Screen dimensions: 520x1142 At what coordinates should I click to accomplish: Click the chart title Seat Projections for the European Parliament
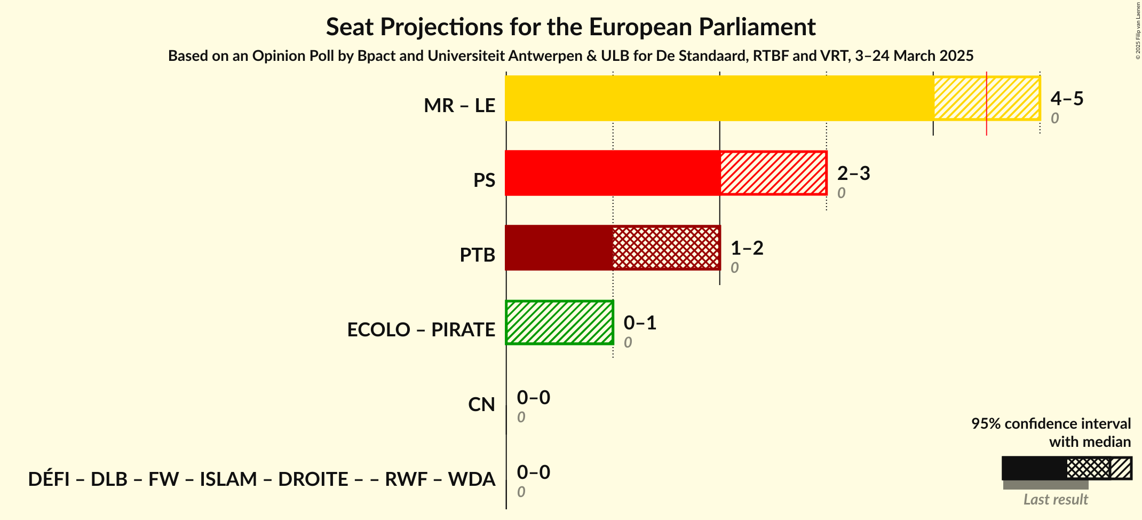pyautogui.click(x=570, y=27)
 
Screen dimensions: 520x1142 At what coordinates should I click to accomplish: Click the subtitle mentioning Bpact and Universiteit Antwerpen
pyautogui.click(x=570, y=56)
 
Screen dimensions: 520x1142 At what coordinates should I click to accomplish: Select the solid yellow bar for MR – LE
pyautogui.click(x=719, y=98)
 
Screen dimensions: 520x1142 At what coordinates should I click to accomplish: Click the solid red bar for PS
pyautogui.click(x=612, y=173)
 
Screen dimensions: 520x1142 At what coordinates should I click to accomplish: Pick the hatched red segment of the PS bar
pyautogui.click(x=773, y=173)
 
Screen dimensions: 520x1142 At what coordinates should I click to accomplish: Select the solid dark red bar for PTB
pyautogui.click(x=559, y=248)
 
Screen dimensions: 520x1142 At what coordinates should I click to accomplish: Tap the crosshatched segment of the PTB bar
pyautogui.click(x=666, y=248)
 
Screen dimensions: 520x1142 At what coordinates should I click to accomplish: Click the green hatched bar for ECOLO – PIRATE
pyautogui.click(x=559, y=322)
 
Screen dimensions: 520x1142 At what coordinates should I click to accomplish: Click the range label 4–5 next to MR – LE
pyautogui.click(x=1067, y=98)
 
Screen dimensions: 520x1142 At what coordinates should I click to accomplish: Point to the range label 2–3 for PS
pyautogui.click(x=853, y=173)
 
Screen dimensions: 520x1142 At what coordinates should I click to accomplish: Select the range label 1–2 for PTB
pyautogui.click(x=747, y=248)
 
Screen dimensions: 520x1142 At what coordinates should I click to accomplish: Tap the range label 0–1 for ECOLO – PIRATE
pyautogui.click(x=640, y=322)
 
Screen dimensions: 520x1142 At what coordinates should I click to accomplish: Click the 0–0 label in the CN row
pyautogui.click(x=533, y=397)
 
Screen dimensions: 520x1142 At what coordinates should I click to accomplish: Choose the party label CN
pyautogui.click(x=481, y=405)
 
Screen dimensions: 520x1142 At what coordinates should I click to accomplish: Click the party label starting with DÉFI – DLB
pyautogui.click(x=261, y=479)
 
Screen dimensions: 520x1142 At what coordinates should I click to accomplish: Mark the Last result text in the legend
pyautogui.click(x=1055, y=500)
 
